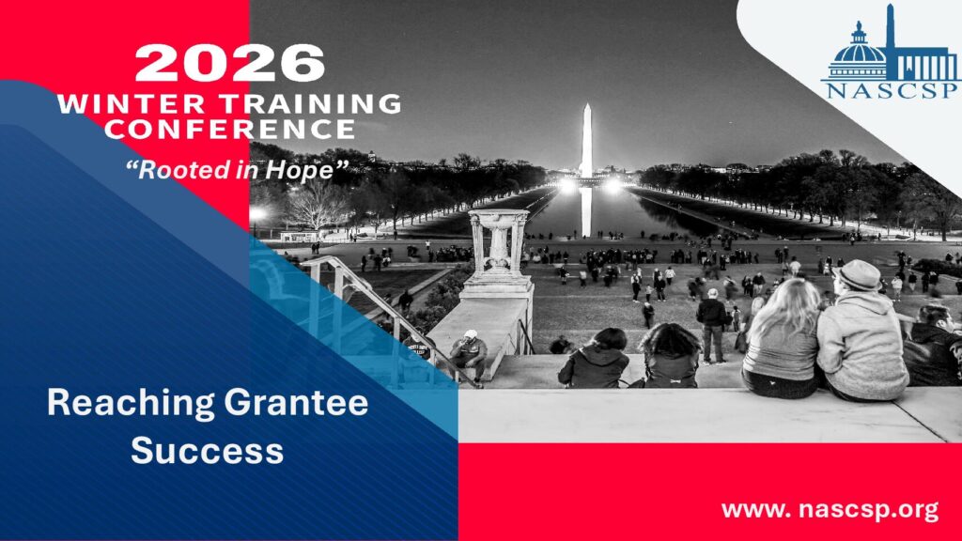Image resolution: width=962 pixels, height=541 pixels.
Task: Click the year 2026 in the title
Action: pyautogui.click(x=229, y=63)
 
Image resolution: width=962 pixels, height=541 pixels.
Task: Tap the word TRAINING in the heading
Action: pyautogui.click(x=311, y=103)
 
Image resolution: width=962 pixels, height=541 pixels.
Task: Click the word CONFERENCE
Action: pyautogui.click(x=229, y=129)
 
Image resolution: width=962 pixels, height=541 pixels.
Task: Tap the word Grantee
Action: pyautogui.click(x=296, y=402)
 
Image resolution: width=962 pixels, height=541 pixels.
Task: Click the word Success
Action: pyautogui.click(x=208, y=450)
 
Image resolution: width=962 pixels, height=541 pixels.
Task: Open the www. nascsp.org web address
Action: pyautogui.click(x=830, y=509)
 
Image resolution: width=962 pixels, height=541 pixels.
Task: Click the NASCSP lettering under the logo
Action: pyautogui.click(x=892, y=91)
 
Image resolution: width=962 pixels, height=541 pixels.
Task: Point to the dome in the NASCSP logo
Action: pyautogui.click(x=859, y=53)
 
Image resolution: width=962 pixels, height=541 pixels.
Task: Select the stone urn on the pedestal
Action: pyautogui.click(x=499, y=241)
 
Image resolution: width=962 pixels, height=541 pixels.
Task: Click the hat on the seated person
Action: pyautogui.click(x=858, y=275)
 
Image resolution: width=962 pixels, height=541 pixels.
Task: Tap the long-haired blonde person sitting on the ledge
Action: pyautogui.click(x=782, y=337)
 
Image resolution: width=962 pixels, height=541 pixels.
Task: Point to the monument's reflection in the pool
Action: pyautogui.click(x=586, y=211)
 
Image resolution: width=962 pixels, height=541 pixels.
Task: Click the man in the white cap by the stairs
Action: pyautogui.click(x=469, y=355)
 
